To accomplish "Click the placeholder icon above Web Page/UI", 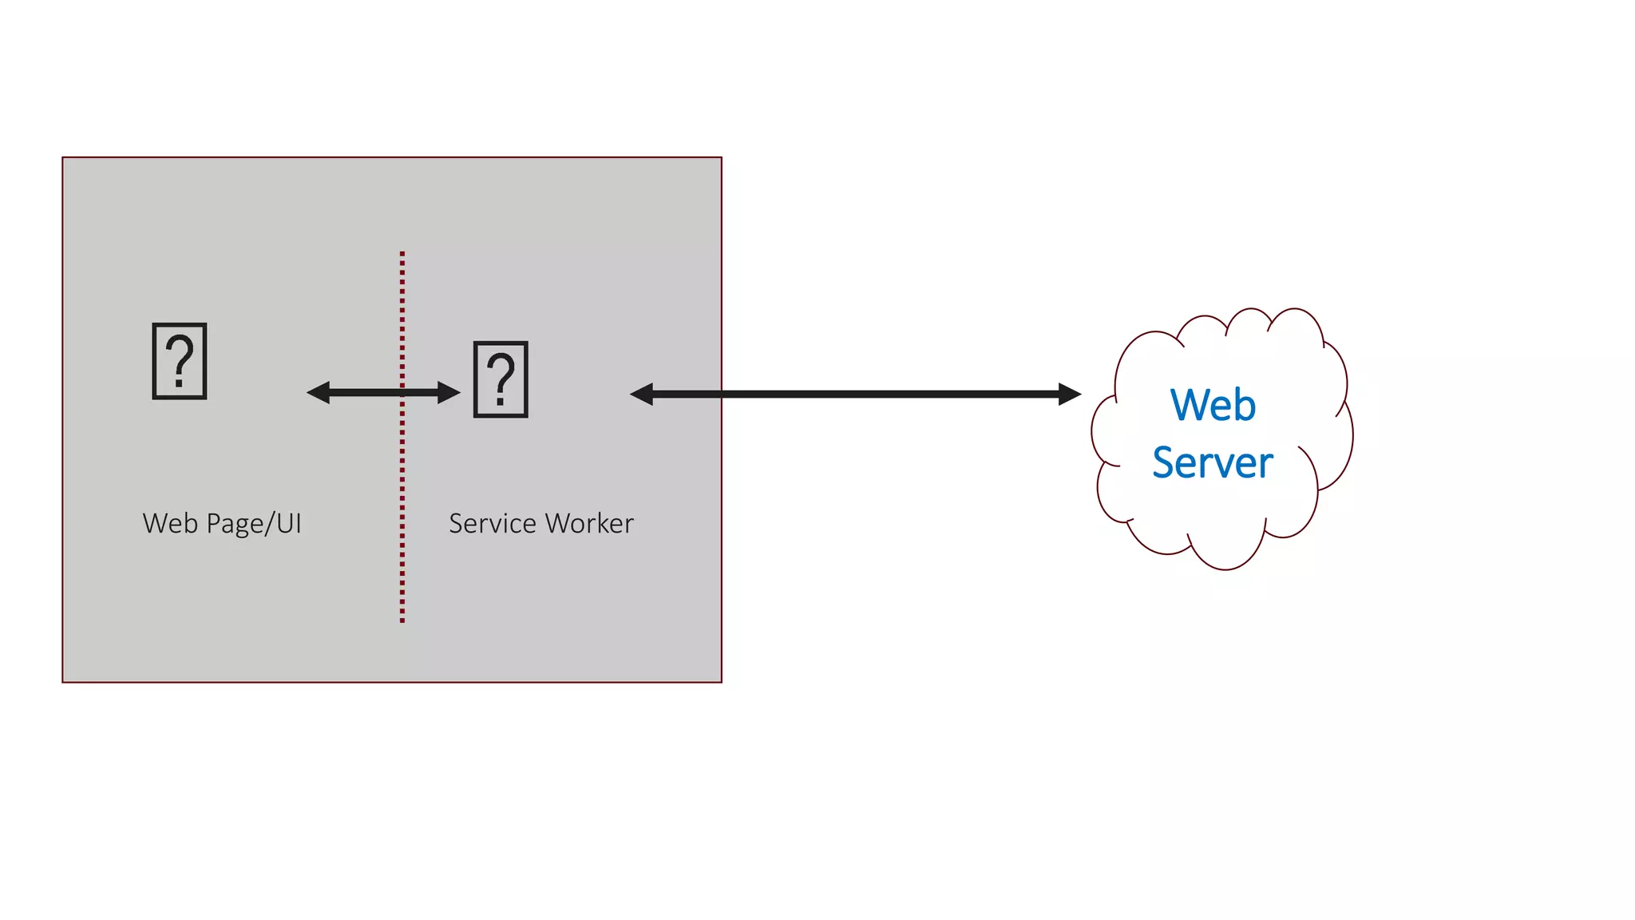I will (180, 361).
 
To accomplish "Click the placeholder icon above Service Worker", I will (501, 379).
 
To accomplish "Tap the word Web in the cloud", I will (1213, 405).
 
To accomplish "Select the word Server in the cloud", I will (1212, 463).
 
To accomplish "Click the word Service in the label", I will (492, 524).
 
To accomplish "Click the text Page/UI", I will (254, 524).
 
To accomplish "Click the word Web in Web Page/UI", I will (169, 524).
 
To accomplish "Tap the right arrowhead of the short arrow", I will (449, 392).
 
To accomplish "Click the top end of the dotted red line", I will (402, 254).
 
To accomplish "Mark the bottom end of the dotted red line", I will (402, 620).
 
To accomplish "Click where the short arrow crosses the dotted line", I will (402, 392).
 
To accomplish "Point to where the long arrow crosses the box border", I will (721, 394).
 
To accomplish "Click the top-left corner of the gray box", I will (63, 158).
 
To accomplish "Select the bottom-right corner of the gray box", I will (721, 682).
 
